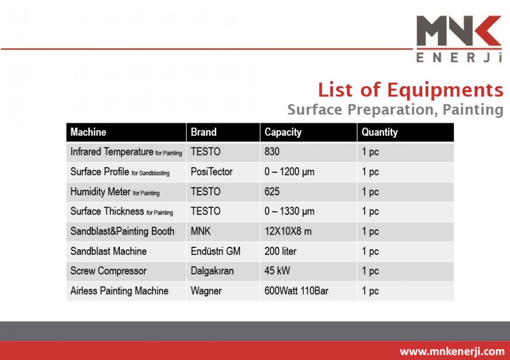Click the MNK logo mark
(x=458, y=31)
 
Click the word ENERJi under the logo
(x=459, y=58)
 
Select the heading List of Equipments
(x=411, y=90)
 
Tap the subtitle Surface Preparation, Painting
(x=395, y=110)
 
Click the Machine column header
(x=88, y=132)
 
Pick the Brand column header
(x=203, y=132)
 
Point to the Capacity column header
(x=283, y=132)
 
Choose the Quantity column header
(x=379, y=132)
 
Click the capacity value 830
(x=272, y=151)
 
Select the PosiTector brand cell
(x=212, y=172)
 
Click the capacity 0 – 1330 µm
(x=289, y=212)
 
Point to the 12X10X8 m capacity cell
(x=288, y=231)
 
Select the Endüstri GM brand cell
(x=215, y=251)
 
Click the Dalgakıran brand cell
(x=212, y=271)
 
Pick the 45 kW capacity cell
(x=277, y=271)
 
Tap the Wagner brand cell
(x=206, y=291)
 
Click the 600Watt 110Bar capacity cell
(x=296, y=291)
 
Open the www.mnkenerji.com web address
(x=452, y=351)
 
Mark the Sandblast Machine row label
(x=108, y=251)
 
